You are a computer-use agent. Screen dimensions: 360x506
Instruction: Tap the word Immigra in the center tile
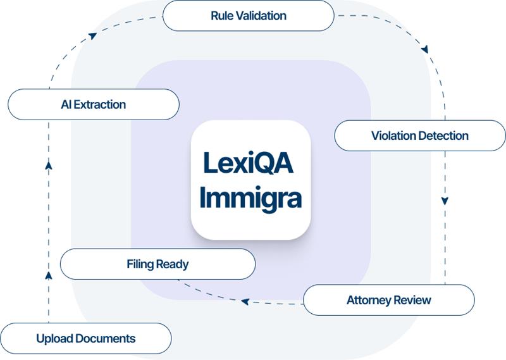[x=251, y=197]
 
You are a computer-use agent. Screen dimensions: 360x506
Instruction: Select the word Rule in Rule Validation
[x=223, y=15]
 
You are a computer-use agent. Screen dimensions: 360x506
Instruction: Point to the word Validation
[x=261, y=15]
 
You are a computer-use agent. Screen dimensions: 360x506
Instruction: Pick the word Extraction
[x=100, y=104]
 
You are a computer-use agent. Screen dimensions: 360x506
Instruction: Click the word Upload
[x=54, y=338]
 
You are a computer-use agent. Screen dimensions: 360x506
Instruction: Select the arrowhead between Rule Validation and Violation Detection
[x=425, y=49]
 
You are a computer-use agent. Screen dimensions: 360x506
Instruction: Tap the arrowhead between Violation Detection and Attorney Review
[x=445, y=201]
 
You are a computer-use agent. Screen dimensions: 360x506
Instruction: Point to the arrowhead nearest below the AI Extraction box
[x=49, y=166]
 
